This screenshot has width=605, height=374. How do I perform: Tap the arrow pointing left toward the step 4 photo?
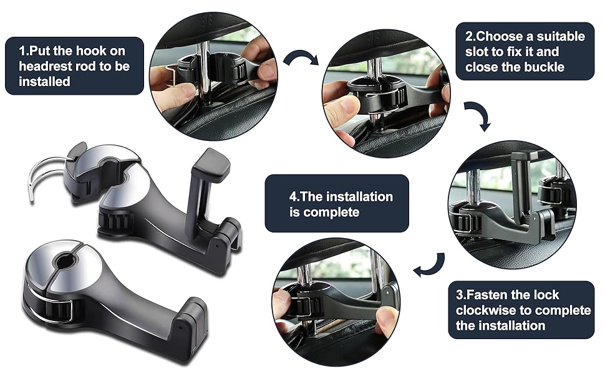pyautogui.click(x=429, y=266)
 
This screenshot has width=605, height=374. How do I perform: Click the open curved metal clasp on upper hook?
pyautogui.click(x=44, y=174)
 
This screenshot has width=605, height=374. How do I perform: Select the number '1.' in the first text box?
pyautogui.click(x=24, y=51)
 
